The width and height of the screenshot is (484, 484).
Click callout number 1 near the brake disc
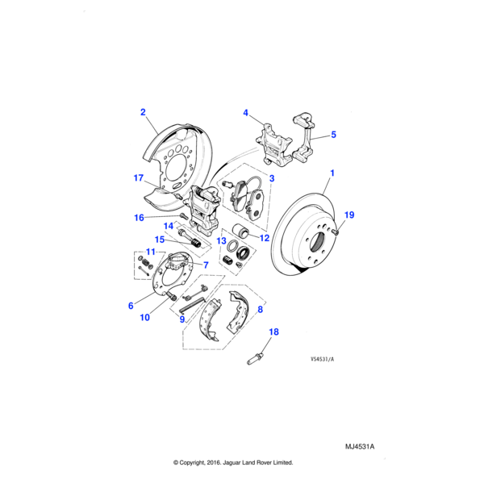332,173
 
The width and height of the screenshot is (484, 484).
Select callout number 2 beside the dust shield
143,112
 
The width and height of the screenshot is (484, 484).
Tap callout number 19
349,215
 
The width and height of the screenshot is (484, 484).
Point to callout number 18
273,332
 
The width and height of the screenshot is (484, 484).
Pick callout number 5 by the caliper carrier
333,136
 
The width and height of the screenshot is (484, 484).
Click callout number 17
138,178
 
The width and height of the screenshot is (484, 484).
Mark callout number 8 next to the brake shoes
260,309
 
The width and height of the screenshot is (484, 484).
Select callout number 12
264,237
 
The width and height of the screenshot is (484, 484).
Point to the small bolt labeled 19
334,232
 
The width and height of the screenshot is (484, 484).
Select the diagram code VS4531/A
321,360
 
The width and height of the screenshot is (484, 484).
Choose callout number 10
144,318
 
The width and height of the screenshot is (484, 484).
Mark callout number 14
169,225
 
